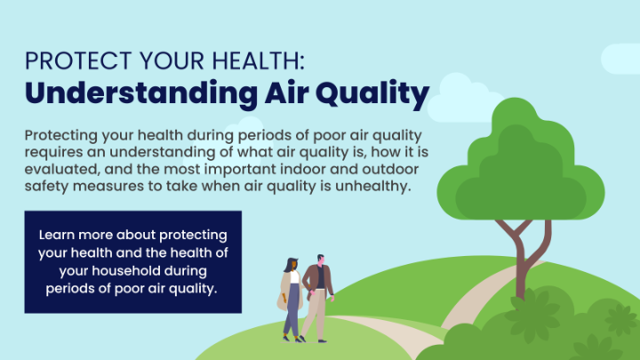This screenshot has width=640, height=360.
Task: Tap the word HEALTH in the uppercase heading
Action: [x=258, y=60]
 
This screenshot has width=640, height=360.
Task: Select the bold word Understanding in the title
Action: [x=141, y=93]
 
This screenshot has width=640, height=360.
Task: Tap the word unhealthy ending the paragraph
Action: [x=373, y=186]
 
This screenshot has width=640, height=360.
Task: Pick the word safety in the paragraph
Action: [x=46, y=186]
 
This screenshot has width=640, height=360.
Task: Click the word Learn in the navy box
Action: [x=56, y=235]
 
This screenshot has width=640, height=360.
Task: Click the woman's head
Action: [x=292, y=264]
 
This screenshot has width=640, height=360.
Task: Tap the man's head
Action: [x=321, y=260]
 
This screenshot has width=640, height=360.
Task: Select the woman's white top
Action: [x=295, y=276]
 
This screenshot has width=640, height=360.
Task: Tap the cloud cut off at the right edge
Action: [x=620, y=59]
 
